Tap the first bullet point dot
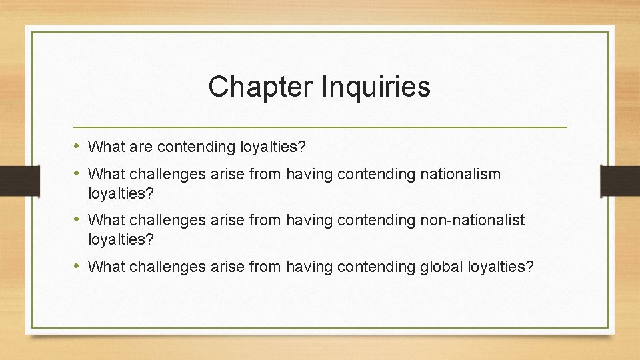(77, 145)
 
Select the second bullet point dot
(77, 173)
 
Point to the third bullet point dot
(77, 219)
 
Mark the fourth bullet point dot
(77, 267)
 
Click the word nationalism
(459, 174)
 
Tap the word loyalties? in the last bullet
(499, 267)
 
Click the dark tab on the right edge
(619, 179)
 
